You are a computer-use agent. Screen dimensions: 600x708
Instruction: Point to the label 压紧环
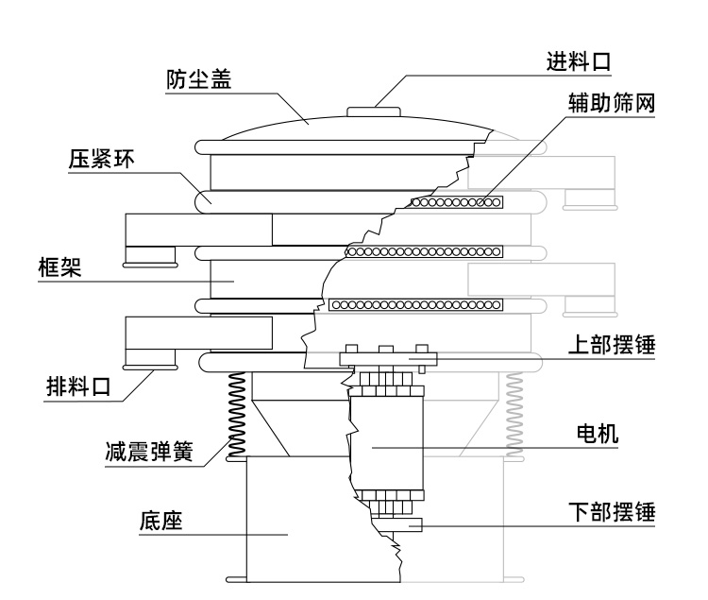coord(101,158)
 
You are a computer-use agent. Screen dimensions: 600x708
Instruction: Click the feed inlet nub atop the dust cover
coord(374,111)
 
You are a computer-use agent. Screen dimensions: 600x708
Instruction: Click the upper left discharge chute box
coord(198,228)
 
